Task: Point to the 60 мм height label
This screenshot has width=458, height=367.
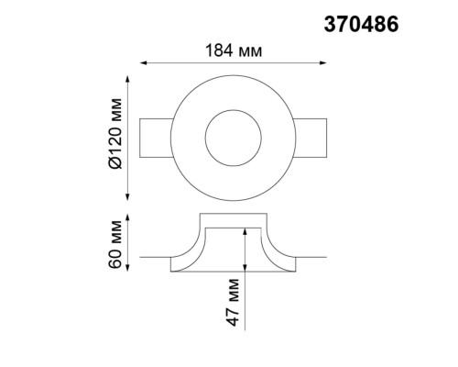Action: pyautogui.click(x=114, y=243)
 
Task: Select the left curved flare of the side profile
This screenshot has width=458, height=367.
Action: pyautogui.click(x=191, y=248)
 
